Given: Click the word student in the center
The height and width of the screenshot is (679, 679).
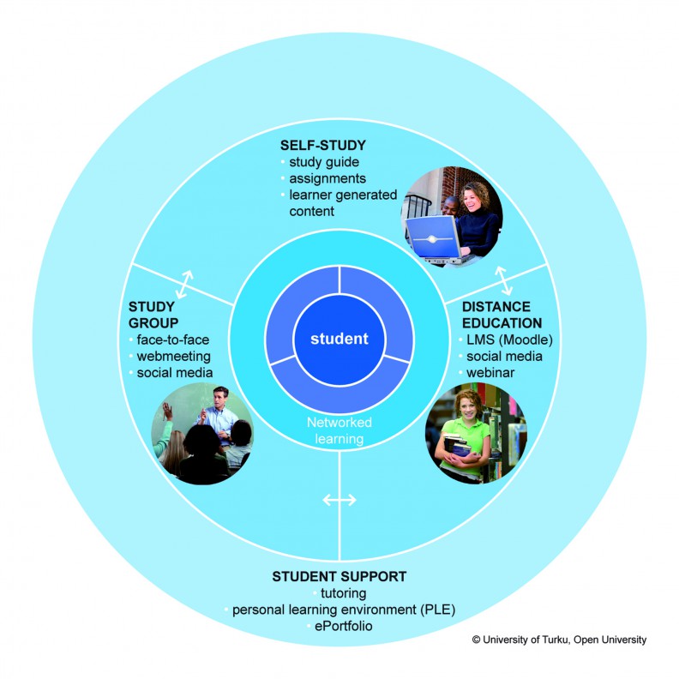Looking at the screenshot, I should (339, 339).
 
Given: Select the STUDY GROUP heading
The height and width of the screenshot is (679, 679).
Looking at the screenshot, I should (152, 314).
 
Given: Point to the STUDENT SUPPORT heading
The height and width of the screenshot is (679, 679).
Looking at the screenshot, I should (339, 575).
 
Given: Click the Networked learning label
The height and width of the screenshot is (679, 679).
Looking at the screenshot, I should (339, 430).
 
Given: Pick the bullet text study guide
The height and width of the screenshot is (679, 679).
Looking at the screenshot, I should (324, 162).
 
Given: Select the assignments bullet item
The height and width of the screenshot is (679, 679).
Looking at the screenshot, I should (327, 178).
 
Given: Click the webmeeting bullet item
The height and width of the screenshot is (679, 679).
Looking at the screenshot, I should (174, 356).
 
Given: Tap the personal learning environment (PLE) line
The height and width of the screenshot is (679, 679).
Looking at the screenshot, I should (343, 610).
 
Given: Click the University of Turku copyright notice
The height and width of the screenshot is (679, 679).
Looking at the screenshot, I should (559, 640).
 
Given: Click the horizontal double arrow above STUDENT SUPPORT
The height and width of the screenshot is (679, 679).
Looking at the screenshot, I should (339, 500).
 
